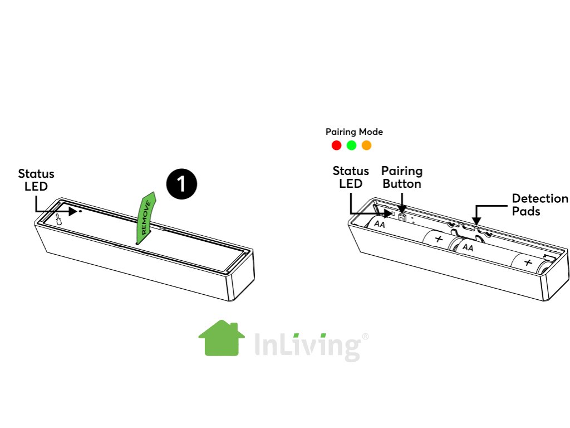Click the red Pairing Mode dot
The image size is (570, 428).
tap(336, 145)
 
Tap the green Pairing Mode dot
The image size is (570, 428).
tap(351, 145)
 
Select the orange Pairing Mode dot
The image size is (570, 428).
tap(366, 145)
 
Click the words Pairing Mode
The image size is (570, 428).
tap(354, 132)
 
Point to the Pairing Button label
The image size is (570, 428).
tap(402, 177)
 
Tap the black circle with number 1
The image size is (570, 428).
tap(181, 185)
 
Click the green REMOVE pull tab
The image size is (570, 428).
tap(146, 219)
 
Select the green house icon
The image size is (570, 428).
tap(222, 338)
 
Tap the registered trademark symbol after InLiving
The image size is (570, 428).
tap(365, 337)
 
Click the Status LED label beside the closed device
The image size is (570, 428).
tap(36, 179)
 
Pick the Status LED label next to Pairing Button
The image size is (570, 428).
tap(351, 177)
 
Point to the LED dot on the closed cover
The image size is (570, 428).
tap(81, 211)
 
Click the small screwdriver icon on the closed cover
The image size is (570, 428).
tap(57, 219)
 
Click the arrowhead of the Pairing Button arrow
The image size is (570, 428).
tap(402, 210)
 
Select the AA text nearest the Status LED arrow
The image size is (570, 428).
tap(380, 225)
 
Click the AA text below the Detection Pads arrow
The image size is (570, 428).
tap(468, 247)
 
